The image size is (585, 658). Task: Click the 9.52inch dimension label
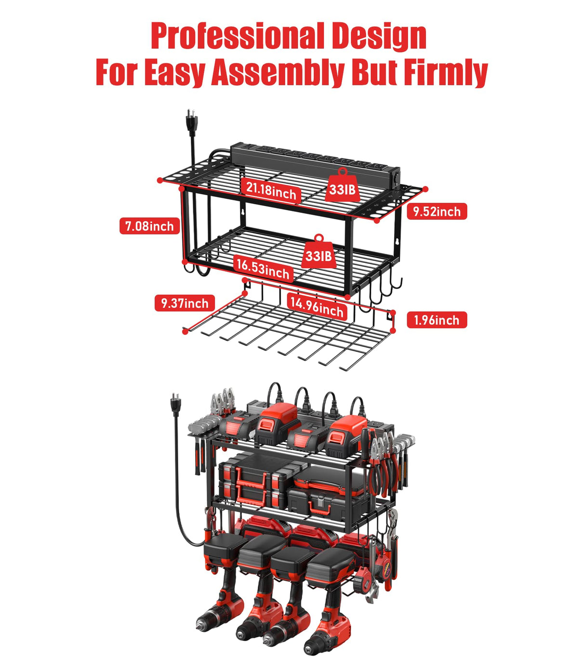pyautogui.click(x=437, y=211)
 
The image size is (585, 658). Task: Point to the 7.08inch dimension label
pyautogui.click(x=149, y=226)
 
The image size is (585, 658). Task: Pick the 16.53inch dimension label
pyautogui.click(x=263, y=268)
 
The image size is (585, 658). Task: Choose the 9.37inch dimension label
pyautogui.click(x=185, y=303)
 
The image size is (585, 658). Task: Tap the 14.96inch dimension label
pyautogui.click(x=317, y=306)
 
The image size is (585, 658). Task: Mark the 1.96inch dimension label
pyautogui.click(x=436, y=320)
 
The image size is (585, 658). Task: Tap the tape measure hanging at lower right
pyautogui.click(x=384, y=568)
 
